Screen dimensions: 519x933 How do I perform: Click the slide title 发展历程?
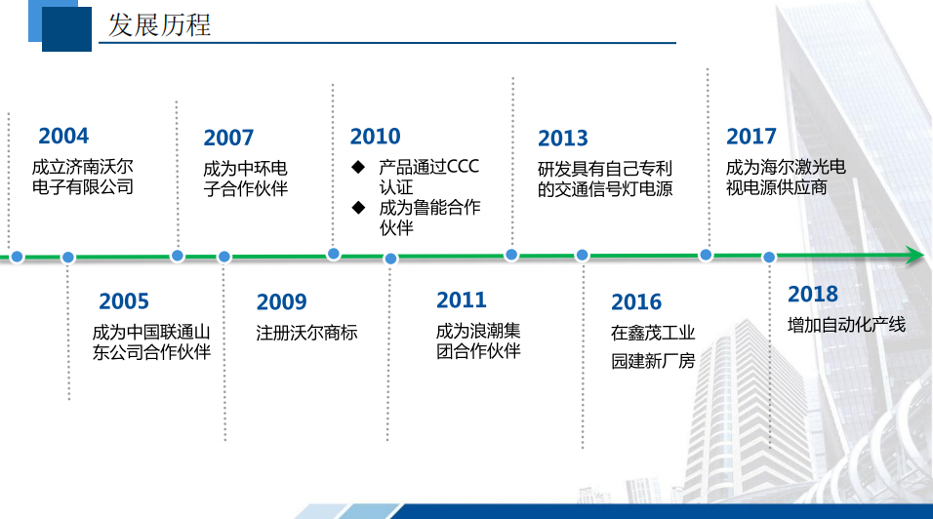(x=159, y=24)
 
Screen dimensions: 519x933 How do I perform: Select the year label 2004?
(x=63, y=136)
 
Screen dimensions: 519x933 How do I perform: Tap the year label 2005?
(x=124, y=301)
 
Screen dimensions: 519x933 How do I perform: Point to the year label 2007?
(x=228, y=138)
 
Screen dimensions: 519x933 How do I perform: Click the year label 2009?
(x=281, y=302)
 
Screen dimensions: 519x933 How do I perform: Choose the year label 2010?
(x=375, y=137)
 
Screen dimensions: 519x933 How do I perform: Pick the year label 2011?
(x=461, y=299)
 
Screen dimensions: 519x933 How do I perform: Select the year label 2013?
(x=563, y=139)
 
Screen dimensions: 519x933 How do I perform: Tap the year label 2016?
(x=636, y=302)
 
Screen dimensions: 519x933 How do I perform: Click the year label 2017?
(x=751, y=137)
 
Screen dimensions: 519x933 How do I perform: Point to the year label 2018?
(x=813, y=295)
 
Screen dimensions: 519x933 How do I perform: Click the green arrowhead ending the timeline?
(x=913, y=257)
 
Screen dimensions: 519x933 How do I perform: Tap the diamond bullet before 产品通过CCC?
(x=358, y=167)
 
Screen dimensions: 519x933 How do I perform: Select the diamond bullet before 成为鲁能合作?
(x=358, y=207)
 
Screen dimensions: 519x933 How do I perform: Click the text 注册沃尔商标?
(x=306, y=333)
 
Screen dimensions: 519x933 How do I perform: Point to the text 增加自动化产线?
(x=846, y=324)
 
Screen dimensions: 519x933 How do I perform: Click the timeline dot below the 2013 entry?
(x=511, y=255)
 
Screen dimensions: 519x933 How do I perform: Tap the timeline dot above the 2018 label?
(x=769, y=258)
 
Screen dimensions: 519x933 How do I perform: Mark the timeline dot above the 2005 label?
(x=68, y=258)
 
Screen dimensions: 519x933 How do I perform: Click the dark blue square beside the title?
(x=66, y=29)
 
